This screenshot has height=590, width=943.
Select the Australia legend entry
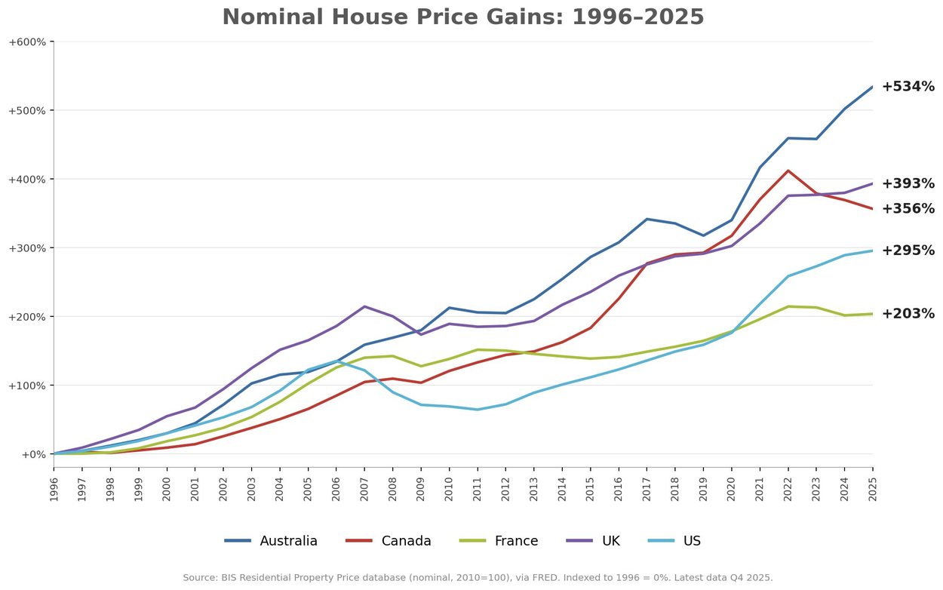pyautogui.click(x=271, y=541)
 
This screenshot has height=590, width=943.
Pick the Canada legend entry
pyautogui.click(x=389, y=541)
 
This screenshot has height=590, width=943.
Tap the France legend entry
pyautogui.click(x=499, y=541)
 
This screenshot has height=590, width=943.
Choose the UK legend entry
pyautogui.click(x=593, y=541)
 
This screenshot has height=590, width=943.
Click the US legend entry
pyautogui.click(x=674, y=541)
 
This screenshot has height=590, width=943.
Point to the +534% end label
pyautogui.click(x=908, y=86)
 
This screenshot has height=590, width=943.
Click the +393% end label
pyautogui.click(x=908, y=183)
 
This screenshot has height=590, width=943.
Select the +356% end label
pyautogui.click(x=908, y=208)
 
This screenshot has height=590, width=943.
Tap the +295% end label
pyautogui.click(x=908, y=250)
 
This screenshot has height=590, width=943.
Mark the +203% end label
pyautogui.click(x=908, y=314)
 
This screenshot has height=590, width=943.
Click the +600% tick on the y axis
pyautogui.click(x=27, y=41)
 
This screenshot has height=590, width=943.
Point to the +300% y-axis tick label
pyautogui.click(x=27, y=248)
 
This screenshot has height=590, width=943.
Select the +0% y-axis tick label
pyautogui.click(x=34, y=454)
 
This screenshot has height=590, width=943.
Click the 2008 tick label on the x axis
pyautogui.click(x=392, y=490)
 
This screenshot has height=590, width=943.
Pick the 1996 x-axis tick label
pyautogui.click(x=54, y=490)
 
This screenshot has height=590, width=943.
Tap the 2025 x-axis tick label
pyautogui.click(x=873, y=490)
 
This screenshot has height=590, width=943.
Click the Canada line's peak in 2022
pyautogui.click(x=788, y=171)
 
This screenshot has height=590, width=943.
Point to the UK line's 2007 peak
pyautogui.click(x=364, y=306)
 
